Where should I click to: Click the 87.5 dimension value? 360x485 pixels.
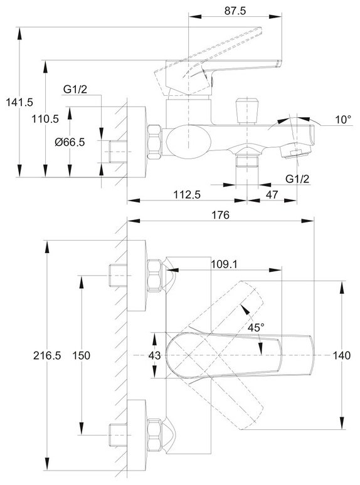click(x=235, y=11)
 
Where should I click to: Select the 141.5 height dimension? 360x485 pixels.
click(x=19, y=102)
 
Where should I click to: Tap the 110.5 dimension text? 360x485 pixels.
click(x=45, y=118)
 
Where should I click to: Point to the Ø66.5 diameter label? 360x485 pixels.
click(x=70, y=142)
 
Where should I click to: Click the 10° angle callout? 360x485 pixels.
click(x=344, y=120)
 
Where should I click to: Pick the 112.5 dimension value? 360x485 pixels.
click(x=187, y=194)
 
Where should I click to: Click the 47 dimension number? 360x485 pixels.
click(x=272, y=194)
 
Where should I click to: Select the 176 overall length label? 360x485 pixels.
click(x=220, y=215)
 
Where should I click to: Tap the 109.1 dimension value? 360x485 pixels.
click(x=225, y=264)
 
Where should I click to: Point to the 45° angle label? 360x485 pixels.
click(x=256, y=327)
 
